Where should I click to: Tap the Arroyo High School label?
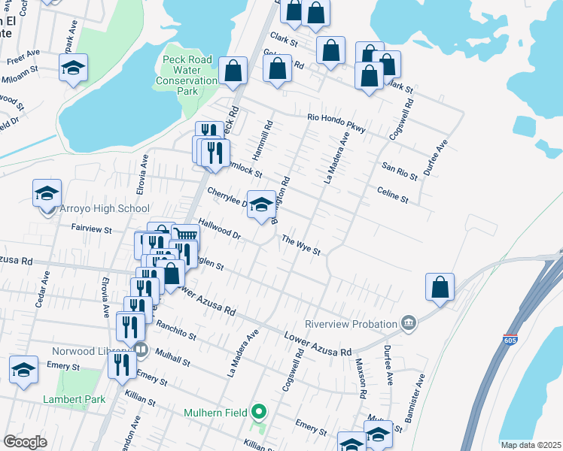(x=100, y=208)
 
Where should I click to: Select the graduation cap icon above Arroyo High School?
(x=47, y=194)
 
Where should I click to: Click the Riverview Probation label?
(x=351, y=324)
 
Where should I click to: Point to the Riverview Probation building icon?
(x=408, y=323)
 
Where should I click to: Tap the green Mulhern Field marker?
(x=259, y=412)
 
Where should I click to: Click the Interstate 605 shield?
(x=510, y=341)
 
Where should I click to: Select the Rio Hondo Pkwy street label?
(x=336, y=123)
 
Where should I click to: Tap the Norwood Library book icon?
(x=140, y=349)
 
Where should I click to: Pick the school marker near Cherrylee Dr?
(x=261, y=205)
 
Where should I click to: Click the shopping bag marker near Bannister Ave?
(x=440, y=287)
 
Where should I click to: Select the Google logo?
(x=25, y=442)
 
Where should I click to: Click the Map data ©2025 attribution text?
(x=530, y=445)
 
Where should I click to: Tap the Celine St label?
(x=392, y=195)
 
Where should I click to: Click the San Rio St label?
(x=399, y=171)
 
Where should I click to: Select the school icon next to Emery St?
(x=23, y=371)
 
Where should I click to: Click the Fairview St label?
(x=91, y=229)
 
